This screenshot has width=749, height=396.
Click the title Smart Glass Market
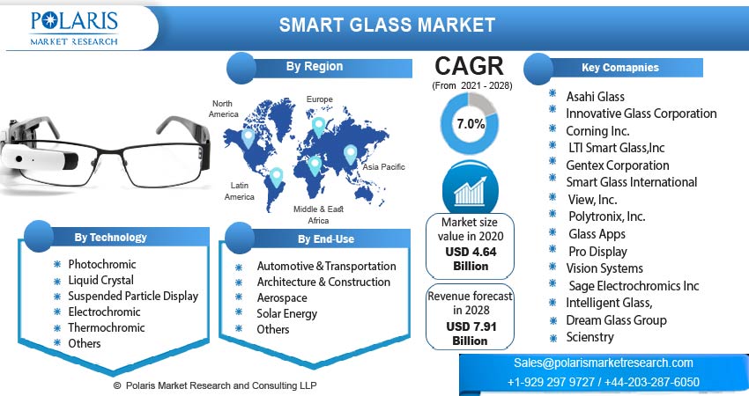(387, 25)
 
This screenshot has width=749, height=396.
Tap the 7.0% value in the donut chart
(471, 124)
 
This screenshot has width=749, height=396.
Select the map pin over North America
(248, 138)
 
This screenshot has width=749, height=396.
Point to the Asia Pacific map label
(383, 167)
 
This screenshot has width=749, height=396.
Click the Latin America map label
(240, 191)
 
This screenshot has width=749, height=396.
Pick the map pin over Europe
(319, 127)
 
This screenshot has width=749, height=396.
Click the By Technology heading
(110, 237)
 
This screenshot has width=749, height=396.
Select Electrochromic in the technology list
(104, 312)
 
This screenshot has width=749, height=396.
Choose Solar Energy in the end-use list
(287, 313)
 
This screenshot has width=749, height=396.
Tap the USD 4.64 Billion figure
(471, 259)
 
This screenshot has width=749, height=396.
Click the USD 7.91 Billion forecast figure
(470, 334)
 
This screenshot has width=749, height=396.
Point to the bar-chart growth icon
(470, 189)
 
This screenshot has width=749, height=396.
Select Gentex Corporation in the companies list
(617, 165)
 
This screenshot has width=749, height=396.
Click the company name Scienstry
(590, 337)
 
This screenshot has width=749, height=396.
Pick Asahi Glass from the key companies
(595, 97)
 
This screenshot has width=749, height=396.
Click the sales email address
(604, 363)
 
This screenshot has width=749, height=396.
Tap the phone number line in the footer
(604, 382)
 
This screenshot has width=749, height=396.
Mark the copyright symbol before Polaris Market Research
(117, 385)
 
